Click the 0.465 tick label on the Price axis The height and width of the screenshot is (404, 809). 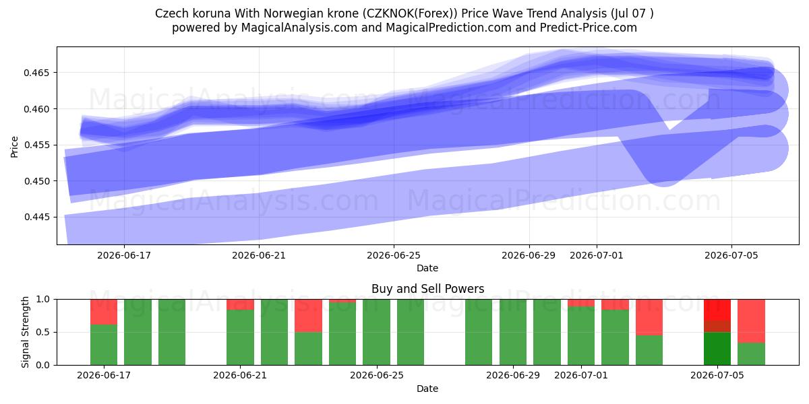(36, 73)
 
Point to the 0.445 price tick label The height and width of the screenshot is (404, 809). (36, 217)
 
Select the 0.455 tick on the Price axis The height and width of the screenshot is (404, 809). (36, 145)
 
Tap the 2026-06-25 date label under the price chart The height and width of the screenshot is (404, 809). (394, 255)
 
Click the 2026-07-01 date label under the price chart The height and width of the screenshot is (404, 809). (596, 255)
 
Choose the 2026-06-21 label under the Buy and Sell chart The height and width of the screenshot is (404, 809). (240, 375)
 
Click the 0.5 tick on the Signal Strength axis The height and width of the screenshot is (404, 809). (43, 332)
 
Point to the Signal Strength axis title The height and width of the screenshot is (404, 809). (25, 332)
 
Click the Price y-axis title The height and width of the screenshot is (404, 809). (14, 147)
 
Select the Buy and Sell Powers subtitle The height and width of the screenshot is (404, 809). (427, 289)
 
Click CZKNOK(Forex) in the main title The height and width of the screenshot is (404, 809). (410, 13)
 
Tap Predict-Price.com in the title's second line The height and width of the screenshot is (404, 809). (589, 28)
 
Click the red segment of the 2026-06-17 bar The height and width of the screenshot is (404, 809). (104, 312)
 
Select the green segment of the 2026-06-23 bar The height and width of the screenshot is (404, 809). (308, 349)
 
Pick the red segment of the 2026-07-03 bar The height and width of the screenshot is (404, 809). (649, 317)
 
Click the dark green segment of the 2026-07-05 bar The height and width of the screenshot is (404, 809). (717, 349)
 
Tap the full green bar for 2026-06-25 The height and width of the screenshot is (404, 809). (376, 332)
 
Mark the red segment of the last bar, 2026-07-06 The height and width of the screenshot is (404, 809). (751, 321)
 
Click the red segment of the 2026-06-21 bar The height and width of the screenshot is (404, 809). (240, 304)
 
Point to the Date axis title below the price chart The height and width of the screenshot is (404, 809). (427, 268)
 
